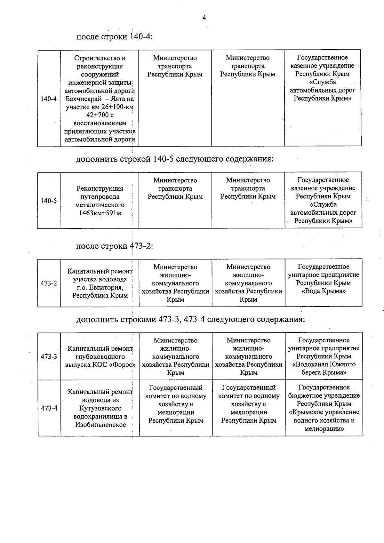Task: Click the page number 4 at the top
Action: (x=204, y=18)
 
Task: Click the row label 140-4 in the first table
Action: (x=49, y=99)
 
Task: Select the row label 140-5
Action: (x=49, y=201)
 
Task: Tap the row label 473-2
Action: (x=49, y=283)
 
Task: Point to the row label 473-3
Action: (x=49, y=356)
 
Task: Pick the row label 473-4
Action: (x=49, y=408)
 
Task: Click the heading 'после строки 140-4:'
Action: (x=114, y=36)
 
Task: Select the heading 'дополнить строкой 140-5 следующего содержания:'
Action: (x=175, y=159)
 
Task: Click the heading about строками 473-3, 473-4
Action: (x=190, y=319)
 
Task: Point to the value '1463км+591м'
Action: (x=100, y=213)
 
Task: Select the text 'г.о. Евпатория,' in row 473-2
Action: (x=100, y=287)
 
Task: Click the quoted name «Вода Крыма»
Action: (x=324, y=291)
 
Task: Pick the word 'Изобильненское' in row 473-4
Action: (x=100, y=425)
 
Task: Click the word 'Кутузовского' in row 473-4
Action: (x=100, y=408)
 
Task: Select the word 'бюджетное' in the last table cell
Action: (x=304, y=396)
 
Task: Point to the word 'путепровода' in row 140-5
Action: (x=100, y=197)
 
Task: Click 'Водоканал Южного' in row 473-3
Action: (x=324, y=364)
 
